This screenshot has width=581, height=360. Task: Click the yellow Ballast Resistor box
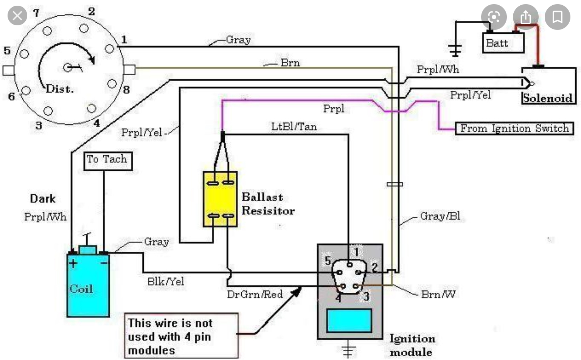[220, 199]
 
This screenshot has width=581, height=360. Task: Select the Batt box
[503, 43]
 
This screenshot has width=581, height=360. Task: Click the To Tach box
[107, 160]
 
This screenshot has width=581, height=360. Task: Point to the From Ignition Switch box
[514, 129]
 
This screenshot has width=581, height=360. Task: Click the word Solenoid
[547, 98]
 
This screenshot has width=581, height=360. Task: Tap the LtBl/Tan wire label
[294, 127]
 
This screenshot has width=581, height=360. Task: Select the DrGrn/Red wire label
[255, 294]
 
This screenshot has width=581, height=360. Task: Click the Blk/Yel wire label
[166, 281]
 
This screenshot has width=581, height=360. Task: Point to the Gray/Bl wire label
[440, 216]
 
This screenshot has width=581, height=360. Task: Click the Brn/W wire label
[438, 294]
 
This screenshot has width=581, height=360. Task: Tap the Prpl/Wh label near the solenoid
[438, 70]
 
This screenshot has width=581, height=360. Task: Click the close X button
[17, 16]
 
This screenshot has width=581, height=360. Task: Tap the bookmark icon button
[557, 17]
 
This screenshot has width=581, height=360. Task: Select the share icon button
[525, 17]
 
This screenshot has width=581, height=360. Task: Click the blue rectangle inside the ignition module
[349, 320]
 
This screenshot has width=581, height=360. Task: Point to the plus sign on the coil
[73, 263]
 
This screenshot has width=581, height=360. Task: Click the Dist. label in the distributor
[59, 89]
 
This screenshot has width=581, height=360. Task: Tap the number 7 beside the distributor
[36, 13]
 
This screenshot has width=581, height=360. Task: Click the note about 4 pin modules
[182, 336]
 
